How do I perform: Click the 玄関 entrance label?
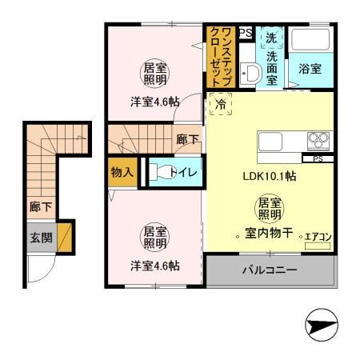pyautogui.click(x=41, y=237)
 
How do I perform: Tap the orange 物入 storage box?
pyautogui.click(x=122, y=172)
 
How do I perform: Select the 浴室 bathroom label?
pyautogui.click(x=310, y=69)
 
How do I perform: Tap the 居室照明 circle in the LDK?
pyautogui.click(x=268, y=209)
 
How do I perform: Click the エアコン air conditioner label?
pyautogui.click(x=318, y=237)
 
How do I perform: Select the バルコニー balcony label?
pyautogui.click(x=270, y=270)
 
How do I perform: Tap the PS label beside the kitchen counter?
pyautogui.click(x=318, y=158)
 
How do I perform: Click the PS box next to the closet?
pyautogui.click(x=245, y=33)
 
